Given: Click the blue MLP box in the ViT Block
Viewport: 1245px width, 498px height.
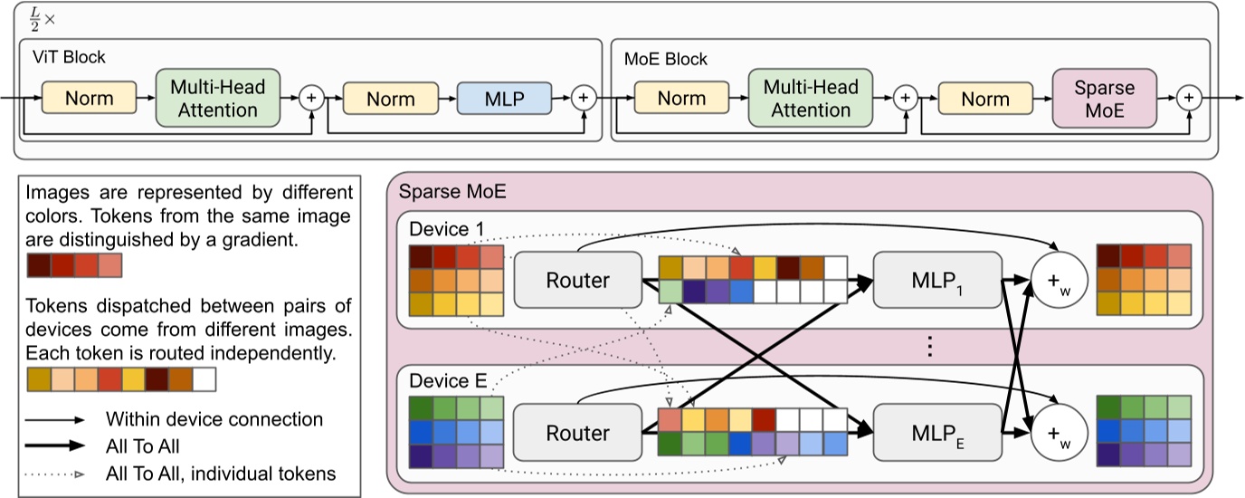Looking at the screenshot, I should (505, 98).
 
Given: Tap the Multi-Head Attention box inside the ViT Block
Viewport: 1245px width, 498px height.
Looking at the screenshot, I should (218, 98).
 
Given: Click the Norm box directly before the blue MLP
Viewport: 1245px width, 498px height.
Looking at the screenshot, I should (391, 98).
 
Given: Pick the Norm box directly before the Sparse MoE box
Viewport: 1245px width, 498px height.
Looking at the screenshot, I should (984, 98).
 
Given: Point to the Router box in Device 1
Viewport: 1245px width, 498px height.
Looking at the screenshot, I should (577, 279).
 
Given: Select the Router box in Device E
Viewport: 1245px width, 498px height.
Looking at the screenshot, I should (577, 433).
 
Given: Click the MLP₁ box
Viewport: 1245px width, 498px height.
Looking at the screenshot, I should (937, 279).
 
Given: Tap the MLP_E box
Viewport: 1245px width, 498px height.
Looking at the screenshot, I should (937, 433).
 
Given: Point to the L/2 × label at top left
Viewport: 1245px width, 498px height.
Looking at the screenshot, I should (33, 20).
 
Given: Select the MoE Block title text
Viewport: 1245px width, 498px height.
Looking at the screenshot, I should (666, 60).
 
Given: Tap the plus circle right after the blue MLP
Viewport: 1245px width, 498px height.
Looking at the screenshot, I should (584, 98).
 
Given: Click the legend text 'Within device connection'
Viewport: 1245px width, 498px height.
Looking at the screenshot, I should (214, 420).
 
